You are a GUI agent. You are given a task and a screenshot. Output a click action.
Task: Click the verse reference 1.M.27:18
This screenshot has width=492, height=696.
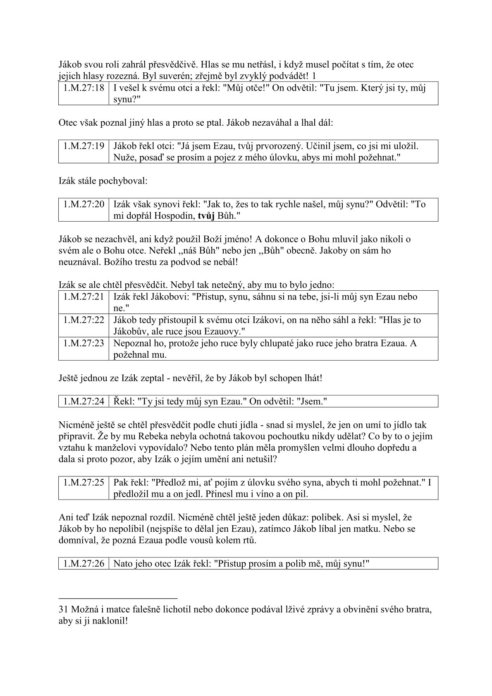(x=84, y=88)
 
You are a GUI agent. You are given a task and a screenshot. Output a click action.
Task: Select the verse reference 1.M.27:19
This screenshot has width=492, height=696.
(x=84, y=146)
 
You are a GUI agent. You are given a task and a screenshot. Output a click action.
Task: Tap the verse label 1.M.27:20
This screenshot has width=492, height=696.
(x=84, y=204)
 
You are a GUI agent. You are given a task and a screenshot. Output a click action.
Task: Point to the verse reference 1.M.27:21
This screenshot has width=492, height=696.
(x=84, y=297)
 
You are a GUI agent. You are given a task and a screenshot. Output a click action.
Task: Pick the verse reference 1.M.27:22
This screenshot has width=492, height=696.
(x=84, y=320)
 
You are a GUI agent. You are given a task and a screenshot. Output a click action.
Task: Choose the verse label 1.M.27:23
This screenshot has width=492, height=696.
(x=84, y=343)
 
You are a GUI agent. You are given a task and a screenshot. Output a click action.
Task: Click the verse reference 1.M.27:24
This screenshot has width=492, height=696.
(x=84, y=401)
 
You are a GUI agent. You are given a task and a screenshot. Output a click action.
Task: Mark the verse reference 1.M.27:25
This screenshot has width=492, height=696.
(x=84, y=482)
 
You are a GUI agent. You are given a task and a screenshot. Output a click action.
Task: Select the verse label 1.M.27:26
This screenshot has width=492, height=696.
(x=84, y=563)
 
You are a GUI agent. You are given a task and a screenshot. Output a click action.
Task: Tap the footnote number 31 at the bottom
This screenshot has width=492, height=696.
(x=64, y=610)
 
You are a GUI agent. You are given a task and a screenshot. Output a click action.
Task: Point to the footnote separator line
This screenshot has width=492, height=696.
(x=118, y=598)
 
